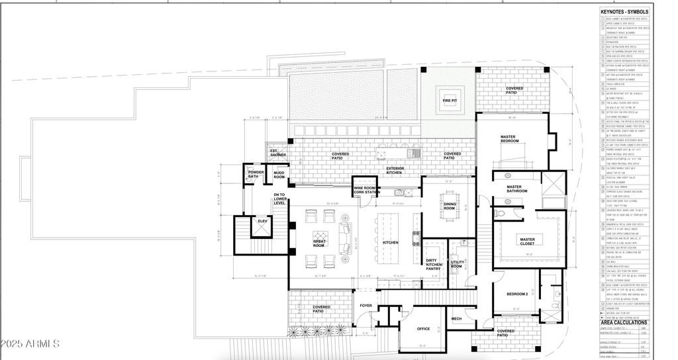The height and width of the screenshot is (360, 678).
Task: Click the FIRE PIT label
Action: [x=448, y=101]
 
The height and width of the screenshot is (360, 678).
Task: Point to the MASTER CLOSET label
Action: [x=527, y=242]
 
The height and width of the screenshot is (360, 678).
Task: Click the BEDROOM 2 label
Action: [x=516, y=293]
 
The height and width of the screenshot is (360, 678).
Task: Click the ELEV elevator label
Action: [x=262, y=220]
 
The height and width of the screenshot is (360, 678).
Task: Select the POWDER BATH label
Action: [x=256, y=175]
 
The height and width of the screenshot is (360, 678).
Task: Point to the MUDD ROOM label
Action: [x=279, y=175]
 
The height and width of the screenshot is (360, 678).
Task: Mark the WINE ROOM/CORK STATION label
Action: [x=367, y=190]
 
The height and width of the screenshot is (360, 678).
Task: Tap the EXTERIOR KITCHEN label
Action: [x=400, y=170]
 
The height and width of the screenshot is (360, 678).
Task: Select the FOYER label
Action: [x=365, y=306]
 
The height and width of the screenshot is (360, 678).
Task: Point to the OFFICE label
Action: [x=423, y=328]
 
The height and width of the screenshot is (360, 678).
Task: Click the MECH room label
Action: [x=456, y=319]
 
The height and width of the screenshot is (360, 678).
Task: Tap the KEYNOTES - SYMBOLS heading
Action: [x=624, y=12]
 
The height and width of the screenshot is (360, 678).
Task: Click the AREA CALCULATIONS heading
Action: [x=624, y=322]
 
